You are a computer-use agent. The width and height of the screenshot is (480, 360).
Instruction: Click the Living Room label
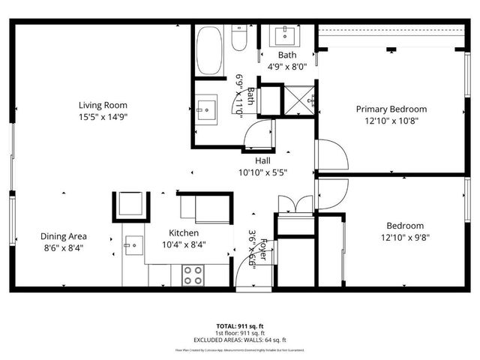[x=103, y=106]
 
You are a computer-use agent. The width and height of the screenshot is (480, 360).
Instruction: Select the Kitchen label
[x=184, y=232]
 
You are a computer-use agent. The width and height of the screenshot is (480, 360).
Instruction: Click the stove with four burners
[x=193, y=274]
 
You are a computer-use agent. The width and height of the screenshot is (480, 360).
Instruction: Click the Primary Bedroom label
[x=391, y=109]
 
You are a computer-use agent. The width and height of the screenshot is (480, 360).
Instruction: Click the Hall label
[x=262, y=160]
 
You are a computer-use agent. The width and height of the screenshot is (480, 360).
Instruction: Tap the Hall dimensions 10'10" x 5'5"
[x=262, y=172]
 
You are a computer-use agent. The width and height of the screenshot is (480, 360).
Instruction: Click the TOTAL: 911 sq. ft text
[x=239, y=326]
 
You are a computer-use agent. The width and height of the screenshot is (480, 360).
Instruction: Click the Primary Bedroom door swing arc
[x=334, y=156]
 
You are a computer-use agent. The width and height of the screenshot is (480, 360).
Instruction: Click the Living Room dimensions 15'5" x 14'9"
[x=103, y=117]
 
